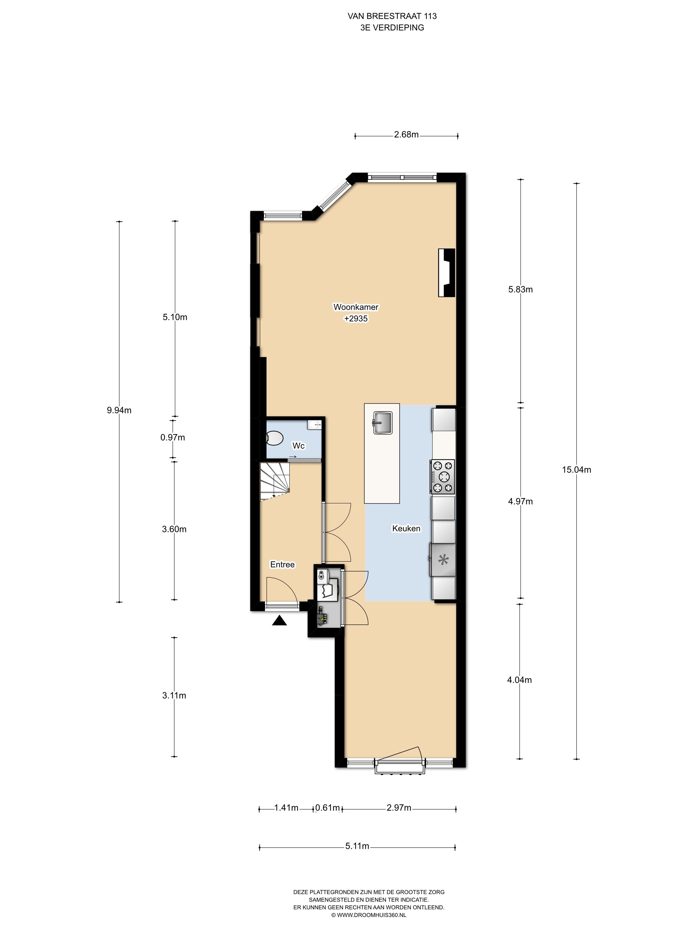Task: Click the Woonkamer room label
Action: click(355, 307)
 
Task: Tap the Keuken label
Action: click(406, 528)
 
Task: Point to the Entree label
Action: click(282, 564)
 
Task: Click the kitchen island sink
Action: click(383, 423)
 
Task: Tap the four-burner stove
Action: click(442, 477)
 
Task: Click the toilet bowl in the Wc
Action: click(274, 438)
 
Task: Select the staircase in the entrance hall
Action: click(274, 481)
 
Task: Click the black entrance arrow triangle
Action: click(279, 621)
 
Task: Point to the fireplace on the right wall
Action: click(446, 273)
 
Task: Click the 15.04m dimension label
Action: click(576, 470)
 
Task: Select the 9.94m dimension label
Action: click(119, 410)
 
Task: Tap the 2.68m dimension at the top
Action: click(406, 135)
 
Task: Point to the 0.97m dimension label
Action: click(173, 437)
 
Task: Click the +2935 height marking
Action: click(356, 319)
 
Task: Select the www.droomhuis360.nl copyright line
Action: click(368, 915)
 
